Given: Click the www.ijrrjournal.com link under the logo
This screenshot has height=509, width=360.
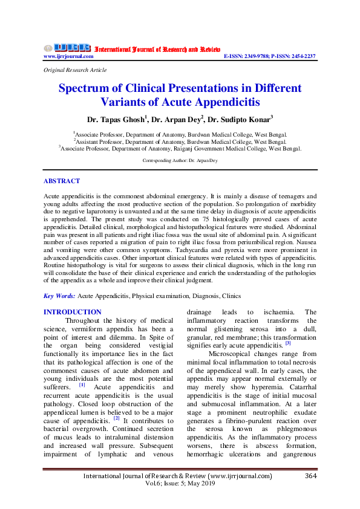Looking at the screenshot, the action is pyautogui.click(x=68, y=56).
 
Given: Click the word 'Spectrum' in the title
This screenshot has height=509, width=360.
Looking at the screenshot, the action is pyautogui.click(x=85, y=88).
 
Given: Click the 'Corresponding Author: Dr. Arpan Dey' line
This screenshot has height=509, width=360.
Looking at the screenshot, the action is pyautogui.click(x=180, y=161).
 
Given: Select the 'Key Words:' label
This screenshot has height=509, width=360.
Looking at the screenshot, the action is pyautogui.click(x=60, y=296).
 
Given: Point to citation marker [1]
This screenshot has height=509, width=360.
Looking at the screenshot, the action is pyautogui.click(x=82, y=384).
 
